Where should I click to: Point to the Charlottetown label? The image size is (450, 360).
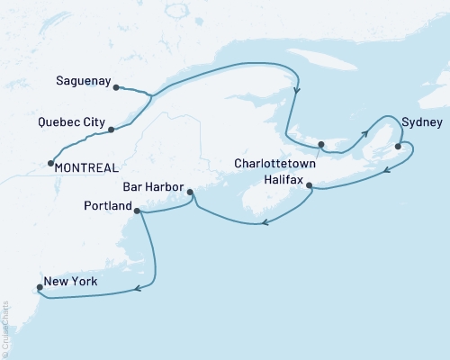(277, 165)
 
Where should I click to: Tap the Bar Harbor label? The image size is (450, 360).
(152, 189)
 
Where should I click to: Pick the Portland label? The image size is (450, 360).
(103, 207)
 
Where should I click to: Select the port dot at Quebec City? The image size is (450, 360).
(111, 130)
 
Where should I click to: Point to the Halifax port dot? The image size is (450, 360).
(310, 186)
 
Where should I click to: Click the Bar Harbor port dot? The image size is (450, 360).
(190, 192)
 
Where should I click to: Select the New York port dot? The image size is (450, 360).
(38, 289)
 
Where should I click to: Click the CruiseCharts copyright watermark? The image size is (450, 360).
(5, 329)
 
